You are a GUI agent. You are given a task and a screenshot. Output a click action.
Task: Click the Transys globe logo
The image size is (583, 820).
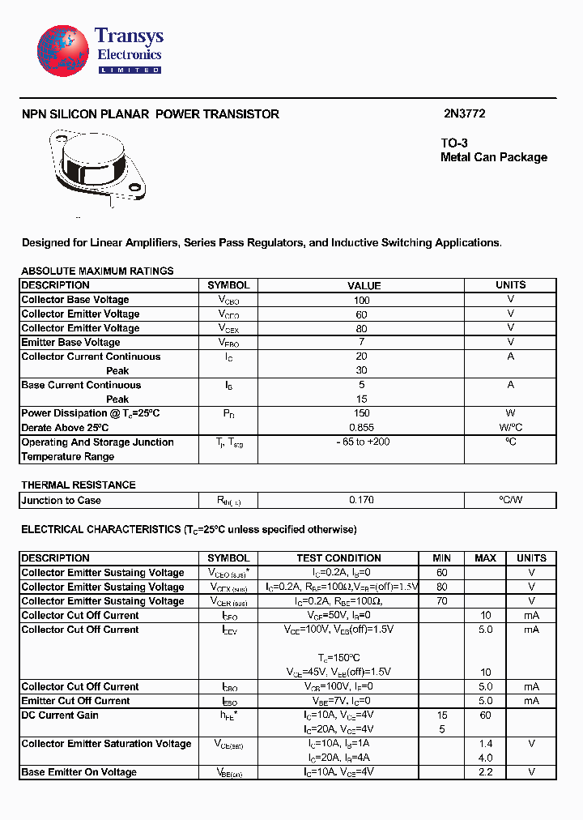62,50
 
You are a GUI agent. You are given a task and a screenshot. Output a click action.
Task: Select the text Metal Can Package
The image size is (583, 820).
493,157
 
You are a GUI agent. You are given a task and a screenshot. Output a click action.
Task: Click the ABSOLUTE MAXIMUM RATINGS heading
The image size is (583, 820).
97,271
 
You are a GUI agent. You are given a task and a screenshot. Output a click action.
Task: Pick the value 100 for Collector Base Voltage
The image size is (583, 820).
361,300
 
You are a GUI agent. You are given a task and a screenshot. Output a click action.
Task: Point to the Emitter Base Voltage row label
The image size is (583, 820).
70,342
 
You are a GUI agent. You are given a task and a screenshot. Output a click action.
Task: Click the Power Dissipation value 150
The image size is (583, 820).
361,413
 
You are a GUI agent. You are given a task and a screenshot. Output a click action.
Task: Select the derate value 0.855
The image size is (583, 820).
361,427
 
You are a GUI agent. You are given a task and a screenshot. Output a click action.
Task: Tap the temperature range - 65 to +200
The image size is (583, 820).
361,442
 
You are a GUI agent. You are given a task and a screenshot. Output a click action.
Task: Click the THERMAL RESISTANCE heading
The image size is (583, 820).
79,485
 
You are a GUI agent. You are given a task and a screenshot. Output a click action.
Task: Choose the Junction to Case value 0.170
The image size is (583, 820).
361,500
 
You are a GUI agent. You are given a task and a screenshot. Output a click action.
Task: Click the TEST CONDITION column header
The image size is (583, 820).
338,558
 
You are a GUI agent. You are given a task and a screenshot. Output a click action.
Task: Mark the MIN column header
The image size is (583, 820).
441,558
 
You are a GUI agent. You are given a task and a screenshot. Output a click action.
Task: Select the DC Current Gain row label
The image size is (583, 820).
60,715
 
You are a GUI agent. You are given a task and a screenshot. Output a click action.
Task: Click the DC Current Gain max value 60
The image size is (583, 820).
485,715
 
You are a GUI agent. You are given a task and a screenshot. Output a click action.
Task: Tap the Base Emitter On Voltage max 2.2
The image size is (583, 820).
485,772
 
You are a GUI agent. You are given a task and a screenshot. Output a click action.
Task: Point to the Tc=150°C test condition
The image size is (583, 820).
338,658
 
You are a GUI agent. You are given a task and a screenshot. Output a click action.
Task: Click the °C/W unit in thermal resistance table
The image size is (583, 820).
510,500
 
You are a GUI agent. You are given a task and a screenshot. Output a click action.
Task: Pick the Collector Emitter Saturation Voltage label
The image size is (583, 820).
106,744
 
